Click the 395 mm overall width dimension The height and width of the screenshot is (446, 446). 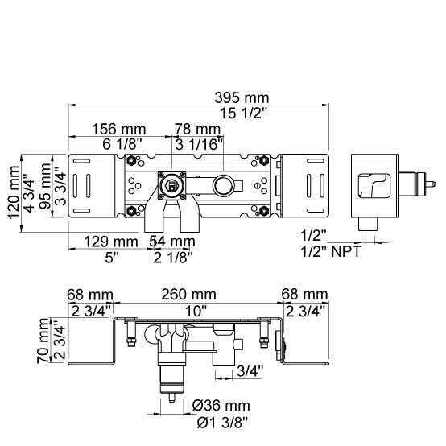pos(242,98)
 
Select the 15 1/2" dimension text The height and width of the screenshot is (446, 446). pos(244,114)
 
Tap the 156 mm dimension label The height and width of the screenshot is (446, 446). pos(119,130)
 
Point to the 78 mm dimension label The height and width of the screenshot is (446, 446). pos(197,129)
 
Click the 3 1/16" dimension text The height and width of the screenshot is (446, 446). pos(199,144)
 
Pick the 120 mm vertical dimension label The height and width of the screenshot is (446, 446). pos(14,192)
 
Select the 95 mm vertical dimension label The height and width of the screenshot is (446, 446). pos(45,186)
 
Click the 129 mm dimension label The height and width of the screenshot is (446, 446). pos(111,242)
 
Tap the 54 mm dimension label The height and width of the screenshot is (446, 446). pos(172,242)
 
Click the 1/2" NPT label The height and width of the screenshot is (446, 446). pos(331,251)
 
